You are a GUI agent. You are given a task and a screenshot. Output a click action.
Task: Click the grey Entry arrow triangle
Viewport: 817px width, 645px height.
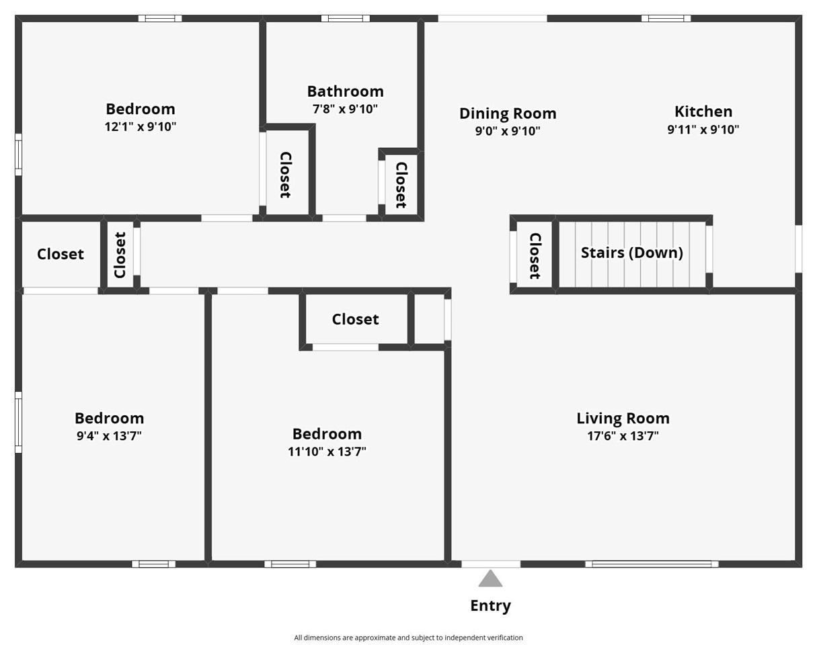(x=490, y=579)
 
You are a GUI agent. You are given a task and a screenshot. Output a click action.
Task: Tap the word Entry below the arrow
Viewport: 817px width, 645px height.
(x=490, y=605)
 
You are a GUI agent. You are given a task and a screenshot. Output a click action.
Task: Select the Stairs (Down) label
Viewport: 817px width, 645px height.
(x=631, y=253)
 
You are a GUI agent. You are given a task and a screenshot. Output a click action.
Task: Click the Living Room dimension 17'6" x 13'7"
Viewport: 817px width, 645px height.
(x=623, y=436)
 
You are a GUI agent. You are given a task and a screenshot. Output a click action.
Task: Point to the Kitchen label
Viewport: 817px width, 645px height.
(x=703, y=112)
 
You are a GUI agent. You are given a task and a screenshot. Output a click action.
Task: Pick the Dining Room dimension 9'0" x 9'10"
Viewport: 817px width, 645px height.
(x=508, y=131)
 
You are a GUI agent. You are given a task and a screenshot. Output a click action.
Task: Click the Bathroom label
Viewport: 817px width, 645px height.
(x=345, y=91)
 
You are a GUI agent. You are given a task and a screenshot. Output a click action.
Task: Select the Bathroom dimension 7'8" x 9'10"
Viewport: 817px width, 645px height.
(x=345, y=109)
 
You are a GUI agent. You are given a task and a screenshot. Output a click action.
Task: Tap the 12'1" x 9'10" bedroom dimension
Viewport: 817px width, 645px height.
(x=141, y=126)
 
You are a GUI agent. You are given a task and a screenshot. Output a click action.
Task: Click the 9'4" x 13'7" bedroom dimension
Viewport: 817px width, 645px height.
(x=109, y=436)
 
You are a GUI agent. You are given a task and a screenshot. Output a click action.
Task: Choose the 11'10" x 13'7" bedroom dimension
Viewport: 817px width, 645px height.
(x=327, y=451)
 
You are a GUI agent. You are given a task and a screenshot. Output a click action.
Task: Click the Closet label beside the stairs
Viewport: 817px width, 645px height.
(x=535, y=255)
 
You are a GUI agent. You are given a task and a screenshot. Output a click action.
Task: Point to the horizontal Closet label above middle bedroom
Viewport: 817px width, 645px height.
(x=355, y=319)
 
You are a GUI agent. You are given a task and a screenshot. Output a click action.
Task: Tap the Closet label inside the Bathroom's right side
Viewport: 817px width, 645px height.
(x=401, y=185)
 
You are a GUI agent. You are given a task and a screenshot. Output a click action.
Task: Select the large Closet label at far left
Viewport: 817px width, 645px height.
(x=61, y=254)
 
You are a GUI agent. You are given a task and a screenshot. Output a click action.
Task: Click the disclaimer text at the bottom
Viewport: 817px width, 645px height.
(x=408, y=638)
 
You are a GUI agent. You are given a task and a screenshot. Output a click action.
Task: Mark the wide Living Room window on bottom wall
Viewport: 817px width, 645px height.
(x=652, y=564)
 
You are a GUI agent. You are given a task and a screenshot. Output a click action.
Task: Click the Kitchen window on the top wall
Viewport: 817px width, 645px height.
(x=666, y=18)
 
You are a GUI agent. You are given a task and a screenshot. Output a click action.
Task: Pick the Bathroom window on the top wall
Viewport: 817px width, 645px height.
(x=345, y=18)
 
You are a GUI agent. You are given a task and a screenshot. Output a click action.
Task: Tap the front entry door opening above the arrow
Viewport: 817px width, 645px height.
(x=491, y=564)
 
